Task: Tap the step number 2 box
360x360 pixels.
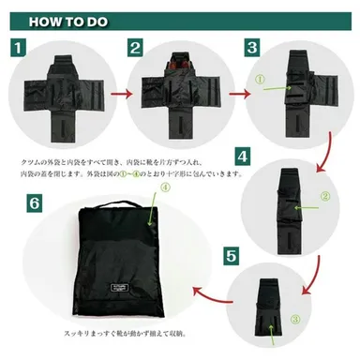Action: pos(135,46)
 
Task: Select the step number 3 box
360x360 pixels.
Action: pos(252,46)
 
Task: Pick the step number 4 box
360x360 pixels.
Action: pos(242,156)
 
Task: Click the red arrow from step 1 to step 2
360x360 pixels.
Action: pos(115,94)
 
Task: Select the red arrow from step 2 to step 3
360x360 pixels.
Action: pos(235,94)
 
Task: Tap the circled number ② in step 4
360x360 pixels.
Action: pos(323,196)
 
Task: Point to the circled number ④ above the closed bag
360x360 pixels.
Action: pos(166,187)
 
